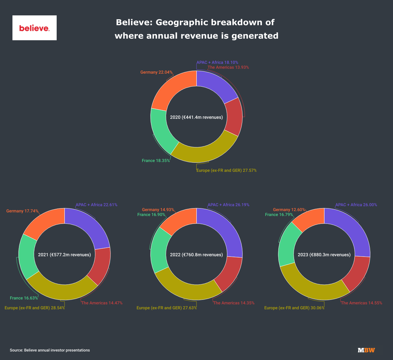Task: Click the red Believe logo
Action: pyautogui.click(x=34, y=28)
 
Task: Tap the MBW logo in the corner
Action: pyautogui.click(x=366, y=350)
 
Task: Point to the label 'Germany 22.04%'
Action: pyautogui.click(x=157, y=72)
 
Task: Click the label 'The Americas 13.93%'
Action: pyautogui.click(x=228, y=67)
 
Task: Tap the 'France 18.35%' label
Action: pyautogui.click(x=156, y=161)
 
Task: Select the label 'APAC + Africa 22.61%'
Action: pyautogui.click(x=97, y=205)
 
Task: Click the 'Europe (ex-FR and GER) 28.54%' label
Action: pyautogui.click(x=35, y=308)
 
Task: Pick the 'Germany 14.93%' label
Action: pyautogui.click(x=158, y=210)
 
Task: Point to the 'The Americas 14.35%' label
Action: pyautogui.click(x=234, y=303)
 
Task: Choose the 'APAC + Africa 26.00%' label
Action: pyautogui.click(x=356, y=205)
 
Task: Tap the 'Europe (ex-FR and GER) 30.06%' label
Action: pyautogui.click(x=294, y=308)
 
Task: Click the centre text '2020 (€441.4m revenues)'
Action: pyautogui.click(x=196, y=117)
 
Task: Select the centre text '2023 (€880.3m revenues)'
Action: pyautogui.click(x=324, y=255)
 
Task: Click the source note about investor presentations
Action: pyautogui.click(x=50, y=350)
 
